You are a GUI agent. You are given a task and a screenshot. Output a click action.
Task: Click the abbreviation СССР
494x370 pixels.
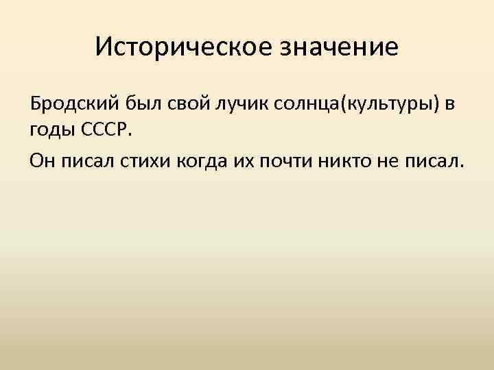[104, 130]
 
